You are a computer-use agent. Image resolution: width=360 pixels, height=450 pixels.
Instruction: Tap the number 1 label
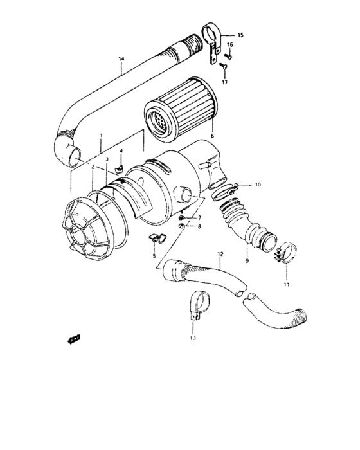click(100, 136)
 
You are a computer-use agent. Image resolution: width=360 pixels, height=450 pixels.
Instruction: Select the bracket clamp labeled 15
click(211, 39)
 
